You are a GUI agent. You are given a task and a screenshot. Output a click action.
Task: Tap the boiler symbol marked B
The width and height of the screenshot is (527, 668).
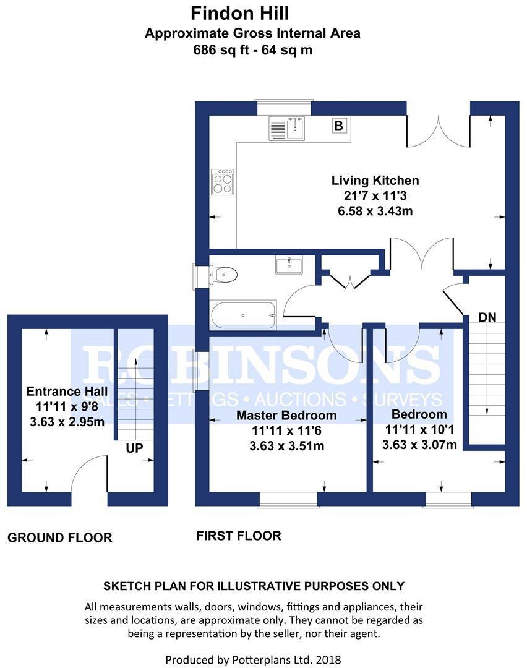338,126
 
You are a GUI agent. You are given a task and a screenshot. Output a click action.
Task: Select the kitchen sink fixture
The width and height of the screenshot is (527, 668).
287,129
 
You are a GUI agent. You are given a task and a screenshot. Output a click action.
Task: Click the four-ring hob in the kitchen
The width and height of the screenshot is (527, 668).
223,182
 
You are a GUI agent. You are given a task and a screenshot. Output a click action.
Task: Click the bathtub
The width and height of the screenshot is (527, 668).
243,315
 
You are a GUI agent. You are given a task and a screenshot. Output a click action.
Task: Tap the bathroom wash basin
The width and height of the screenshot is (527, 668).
289,265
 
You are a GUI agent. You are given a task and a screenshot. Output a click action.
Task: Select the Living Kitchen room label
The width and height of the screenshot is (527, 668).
375,181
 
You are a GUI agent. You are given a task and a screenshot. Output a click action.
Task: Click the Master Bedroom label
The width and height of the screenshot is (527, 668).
286,415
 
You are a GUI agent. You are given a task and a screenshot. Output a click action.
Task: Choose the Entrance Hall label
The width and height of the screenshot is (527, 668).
67,391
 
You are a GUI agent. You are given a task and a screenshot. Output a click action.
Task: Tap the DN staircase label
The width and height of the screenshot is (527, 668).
487,317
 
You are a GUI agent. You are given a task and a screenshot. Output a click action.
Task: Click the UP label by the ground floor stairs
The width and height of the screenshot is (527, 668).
134,448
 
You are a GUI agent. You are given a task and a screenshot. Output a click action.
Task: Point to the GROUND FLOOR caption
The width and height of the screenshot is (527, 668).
60,537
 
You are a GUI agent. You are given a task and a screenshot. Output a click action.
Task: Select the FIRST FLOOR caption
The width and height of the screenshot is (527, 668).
239,536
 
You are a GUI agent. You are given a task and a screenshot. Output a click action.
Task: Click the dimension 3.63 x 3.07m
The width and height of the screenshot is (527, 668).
419,445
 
